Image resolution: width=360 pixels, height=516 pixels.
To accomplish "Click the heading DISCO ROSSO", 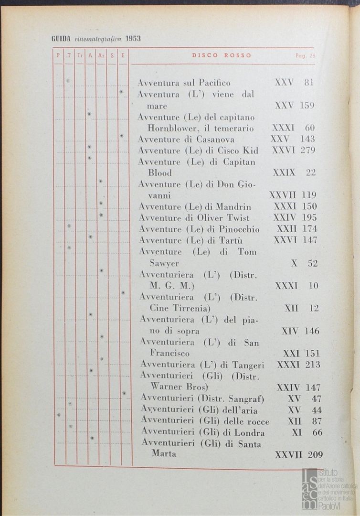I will pyautogui.click(x=222, y=55).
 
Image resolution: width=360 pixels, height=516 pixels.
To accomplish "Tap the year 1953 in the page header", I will pyautogui.click(x=133, y=39).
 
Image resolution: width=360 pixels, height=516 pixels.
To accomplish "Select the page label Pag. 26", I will pyautogui.click(x=306, y=56).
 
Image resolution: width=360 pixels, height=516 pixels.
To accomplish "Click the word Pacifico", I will pyautogui.click(x=214, y=83).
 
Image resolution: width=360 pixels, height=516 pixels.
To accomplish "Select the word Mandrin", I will pyautogui.click(x=233, y=207).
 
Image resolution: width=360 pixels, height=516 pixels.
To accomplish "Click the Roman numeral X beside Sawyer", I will pyautogui.click(x=294, y=263).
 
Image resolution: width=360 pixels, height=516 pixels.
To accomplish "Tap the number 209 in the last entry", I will pyautogui.click(x=312, y=455).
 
